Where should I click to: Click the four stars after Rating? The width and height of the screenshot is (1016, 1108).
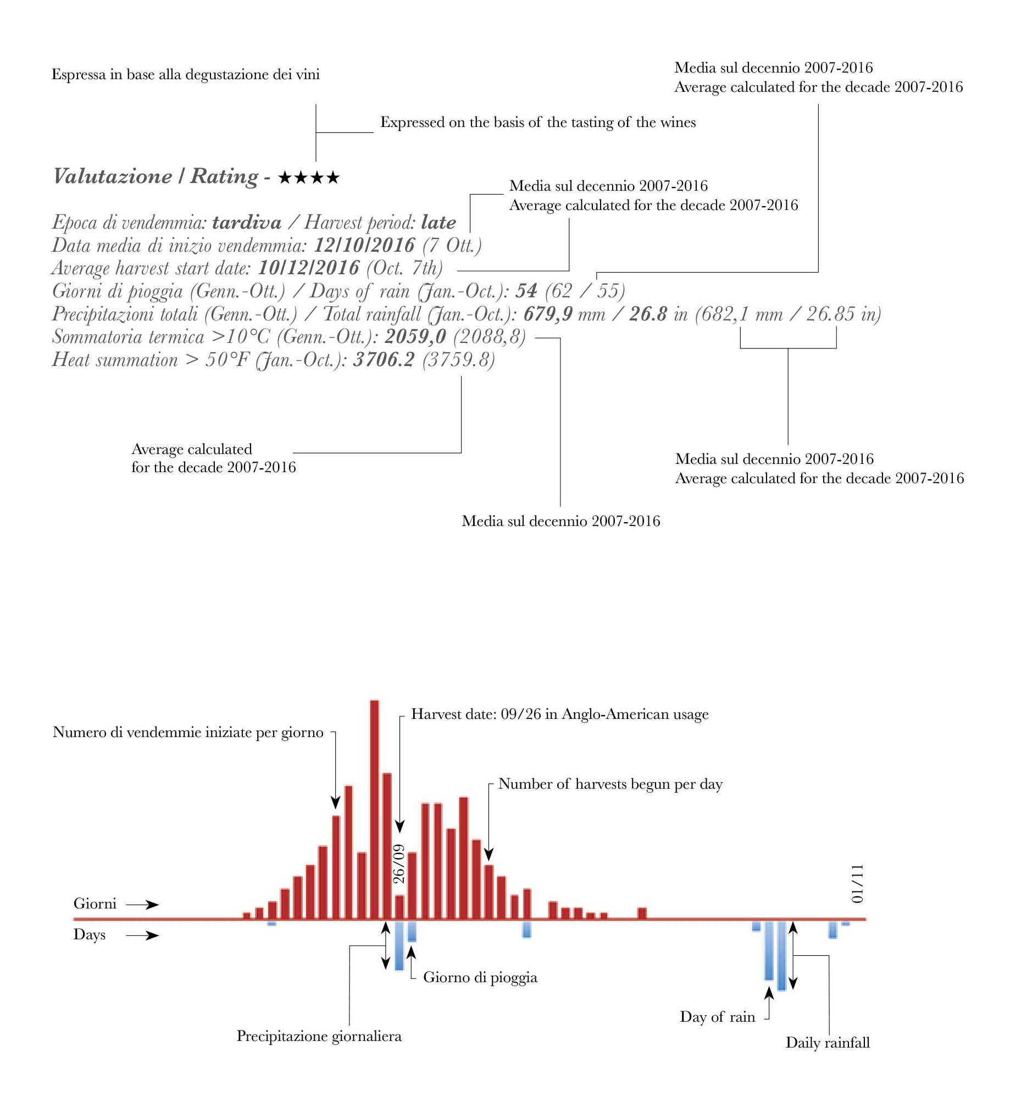tap(309, 178)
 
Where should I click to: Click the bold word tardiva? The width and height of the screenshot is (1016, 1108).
tap(247, 222)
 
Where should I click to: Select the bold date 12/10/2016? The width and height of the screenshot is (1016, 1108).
tap(364, 245)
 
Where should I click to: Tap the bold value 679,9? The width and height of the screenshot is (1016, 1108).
tap(548, 314)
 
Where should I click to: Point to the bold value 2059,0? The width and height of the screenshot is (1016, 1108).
tap(415, 336)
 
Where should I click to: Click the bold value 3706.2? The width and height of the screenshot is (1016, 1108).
tap(384, 359)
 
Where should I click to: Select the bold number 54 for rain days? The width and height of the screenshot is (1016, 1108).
tap(526, 291)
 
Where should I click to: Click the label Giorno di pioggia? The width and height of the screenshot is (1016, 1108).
tap(480, 977)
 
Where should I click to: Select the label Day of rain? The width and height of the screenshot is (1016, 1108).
tap(717, 1017)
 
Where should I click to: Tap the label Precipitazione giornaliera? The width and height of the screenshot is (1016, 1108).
tap(319, 1036)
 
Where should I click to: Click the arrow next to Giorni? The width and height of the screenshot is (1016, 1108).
tap(142, 905)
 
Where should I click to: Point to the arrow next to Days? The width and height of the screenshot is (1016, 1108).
tap(142, 935)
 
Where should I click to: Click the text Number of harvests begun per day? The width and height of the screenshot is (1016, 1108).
tap(610, 784)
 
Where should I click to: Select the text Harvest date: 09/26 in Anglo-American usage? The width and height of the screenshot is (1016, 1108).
tap(560, 714)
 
